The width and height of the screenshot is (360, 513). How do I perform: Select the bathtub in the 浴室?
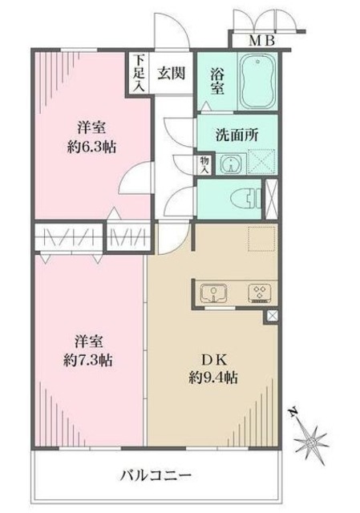pyautogui.click(x=257, y=80)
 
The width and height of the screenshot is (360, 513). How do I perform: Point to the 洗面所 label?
pyautogui.click(x=235, y=135)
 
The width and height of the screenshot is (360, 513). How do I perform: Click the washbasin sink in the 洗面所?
pyautogui.click(x=231, y=165)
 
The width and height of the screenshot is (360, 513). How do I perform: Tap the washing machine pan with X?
pyautogui.click(x=261, y=164)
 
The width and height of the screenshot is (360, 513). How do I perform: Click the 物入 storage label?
pyautogui.click(x=204, y=165)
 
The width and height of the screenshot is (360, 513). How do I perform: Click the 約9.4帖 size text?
pyautogui.click(x=212, y=377)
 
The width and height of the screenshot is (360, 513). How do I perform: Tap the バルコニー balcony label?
pyautogui.click(x=157, y=473)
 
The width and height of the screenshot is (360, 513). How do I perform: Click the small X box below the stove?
pyautogui.click(x=272, y=317)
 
